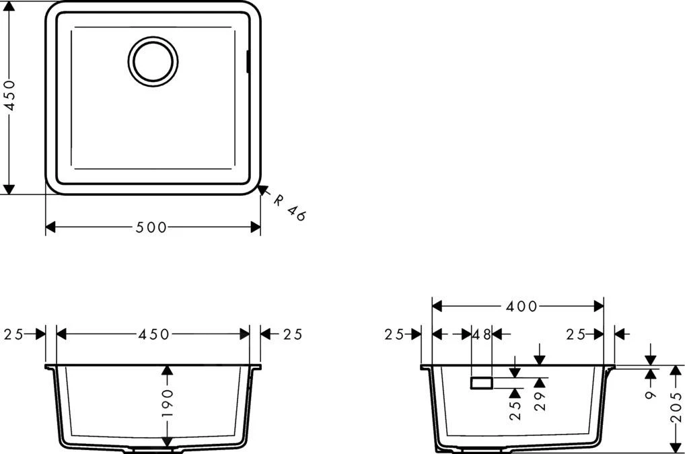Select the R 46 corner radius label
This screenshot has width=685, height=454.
pyautogui.click(x=290, y=206)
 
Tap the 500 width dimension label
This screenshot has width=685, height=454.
pyautogui.click(x=151, y=227)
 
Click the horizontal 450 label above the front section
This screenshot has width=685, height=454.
pyautogui.click(x=154, y=334)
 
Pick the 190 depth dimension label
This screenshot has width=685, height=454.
pyautogui.click(x=168, y=404)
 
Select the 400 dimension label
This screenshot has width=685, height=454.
pyautogui.click(x=522, y=306)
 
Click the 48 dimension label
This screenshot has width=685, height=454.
pyautogui.click(x=482, y=334)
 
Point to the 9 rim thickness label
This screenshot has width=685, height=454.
pyautogui.click(x=651, y=393)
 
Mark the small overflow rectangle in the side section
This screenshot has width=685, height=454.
pyautogui.click(x=482, y=383)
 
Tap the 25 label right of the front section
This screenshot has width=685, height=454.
pyautogui.click(x=291, y=334)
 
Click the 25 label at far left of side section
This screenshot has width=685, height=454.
pyautogui.click(x=395, y=334)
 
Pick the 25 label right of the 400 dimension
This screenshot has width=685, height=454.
pyautogui.click(x=576, y=334)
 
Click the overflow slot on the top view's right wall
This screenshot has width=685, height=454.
pyautogui.click(x=248, y=61)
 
